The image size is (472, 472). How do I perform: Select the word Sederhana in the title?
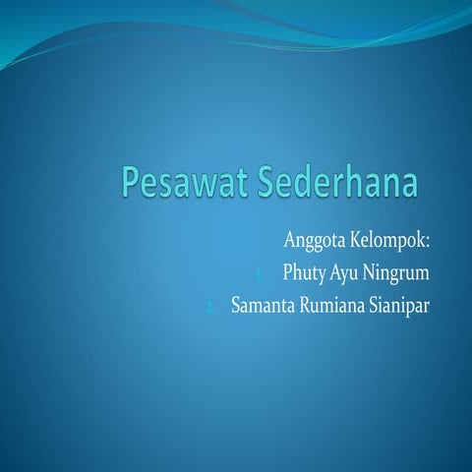[324, 184]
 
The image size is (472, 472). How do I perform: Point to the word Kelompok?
[394, 240]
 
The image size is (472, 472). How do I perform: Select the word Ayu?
[350, 271]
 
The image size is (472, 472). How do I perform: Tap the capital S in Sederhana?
[267, 183]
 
